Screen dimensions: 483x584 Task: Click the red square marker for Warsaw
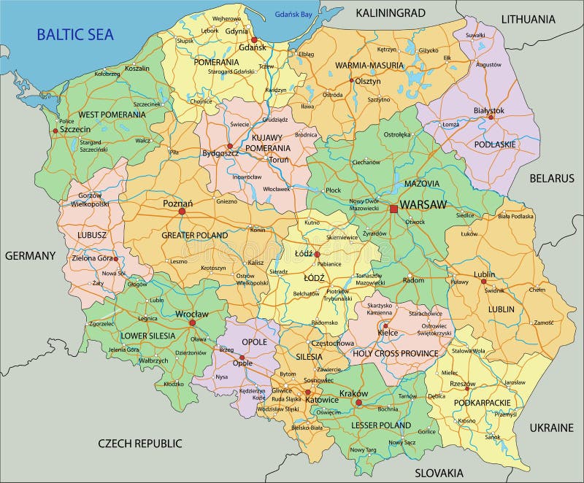click(x=394, y=209)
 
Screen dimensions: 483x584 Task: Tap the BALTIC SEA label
click(x=75, y=34)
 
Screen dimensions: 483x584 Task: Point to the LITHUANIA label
click(x=528, y=19)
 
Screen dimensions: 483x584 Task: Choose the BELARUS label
click(x=552, y=178)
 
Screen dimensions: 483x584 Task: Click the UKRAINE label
click(x=551, y=428)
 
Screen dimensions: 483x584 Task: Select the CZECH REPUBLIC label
click(x=140, y=443)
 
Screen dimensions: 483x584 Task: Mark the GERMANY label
click(x=31, y=255)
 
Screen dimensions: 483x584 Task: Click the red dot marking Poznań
click(x=181, y=212)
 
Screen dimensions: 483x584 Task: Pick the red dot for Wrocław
click(x=193, y=322)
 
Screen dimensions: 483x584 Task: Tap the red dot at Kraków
click(x=358, y=402)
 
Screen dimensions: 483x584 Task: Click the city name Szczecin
click(x=74, y=129)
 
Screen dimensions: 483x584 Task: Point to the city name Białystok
click(x=488, y=110)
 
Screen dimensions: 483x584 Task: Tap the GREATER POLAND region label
click(x=194, y=235)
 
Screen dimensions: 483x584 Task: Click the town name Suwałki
click(x=474, y=35)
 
